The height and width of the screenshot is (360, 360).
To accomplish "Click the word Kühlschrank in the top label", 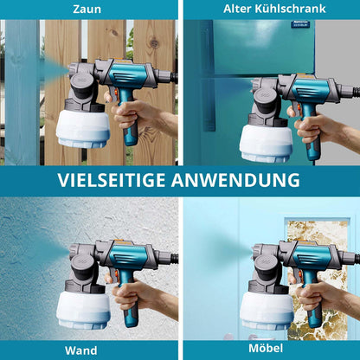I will (292, 9).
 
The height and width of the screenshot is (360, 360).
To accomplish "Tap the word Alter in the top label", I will (239, 9).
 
